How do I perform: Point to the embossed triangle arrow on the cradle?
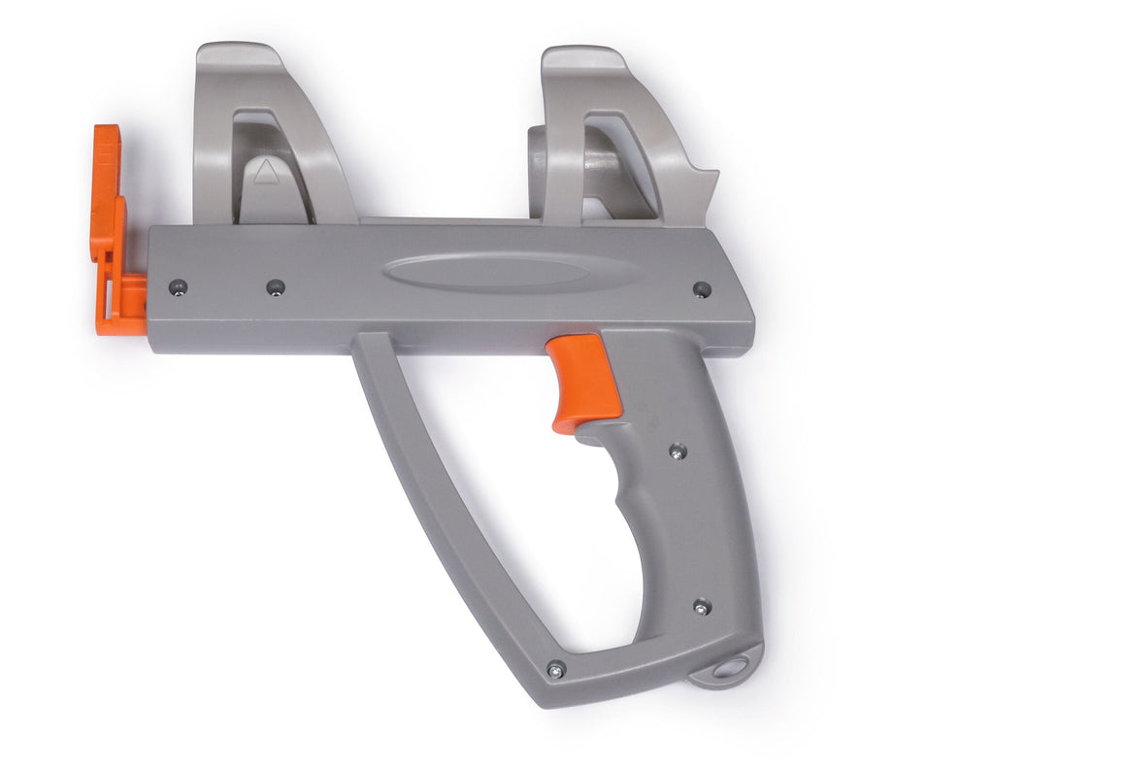coord(266,173)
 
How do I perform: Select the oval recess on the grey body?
coord(485,271)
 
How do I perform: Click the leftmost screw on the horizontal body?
coord(177,286)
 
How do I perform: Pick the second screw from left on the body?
coord(276,287)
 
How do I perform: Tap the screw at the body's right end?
coord(701,289)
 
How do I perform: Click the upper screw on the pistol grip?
coord(677,451)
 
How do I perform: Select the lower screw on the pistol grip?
coord(700,607)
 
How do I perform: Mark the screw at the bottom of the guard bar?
coord(555,669)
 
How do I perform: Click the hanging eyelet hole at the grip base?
coord(730,668)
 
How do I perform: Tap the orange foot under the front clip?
coord(120,309)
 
